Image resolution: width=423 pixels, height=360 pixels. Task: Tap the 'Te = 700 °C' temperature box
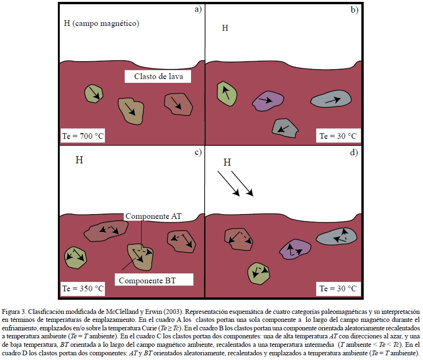[x=83, y=136]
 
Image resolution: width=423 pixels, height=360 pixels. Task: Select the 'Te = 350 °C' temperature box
[x=83, y=288]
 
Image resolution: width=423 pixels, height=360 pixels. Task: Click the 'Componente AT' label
[x=154, y=216]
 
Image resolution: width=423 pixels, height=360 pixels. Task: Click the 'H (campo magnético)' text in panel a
[x=101, y=23]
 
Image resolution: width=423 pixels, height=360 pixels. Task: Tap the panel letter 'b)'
[x=354, y=9]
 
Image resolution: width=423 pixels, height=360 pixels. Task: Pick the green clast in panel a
[x=94, y=93]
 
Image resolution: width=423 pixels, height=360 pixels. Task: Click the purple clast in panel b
[x=268, y=100]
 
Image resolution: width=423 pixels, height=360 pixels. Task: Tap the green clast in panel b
[x=226, y=92]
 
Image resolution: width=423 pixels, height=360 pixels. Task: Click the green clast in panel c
[x=75, y=257]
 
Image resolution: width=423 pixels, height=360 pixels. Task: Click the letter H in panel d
[x=227, y=162]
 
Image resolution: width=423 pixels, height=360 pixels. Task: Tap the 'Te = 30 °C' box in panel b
[x=338, y=136]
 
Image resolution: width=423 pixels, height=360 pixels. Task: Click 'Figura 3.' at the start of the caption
[x=14, y=312]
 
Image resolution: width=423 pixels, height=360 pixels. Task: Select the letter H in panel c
[x=80, y=160]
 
